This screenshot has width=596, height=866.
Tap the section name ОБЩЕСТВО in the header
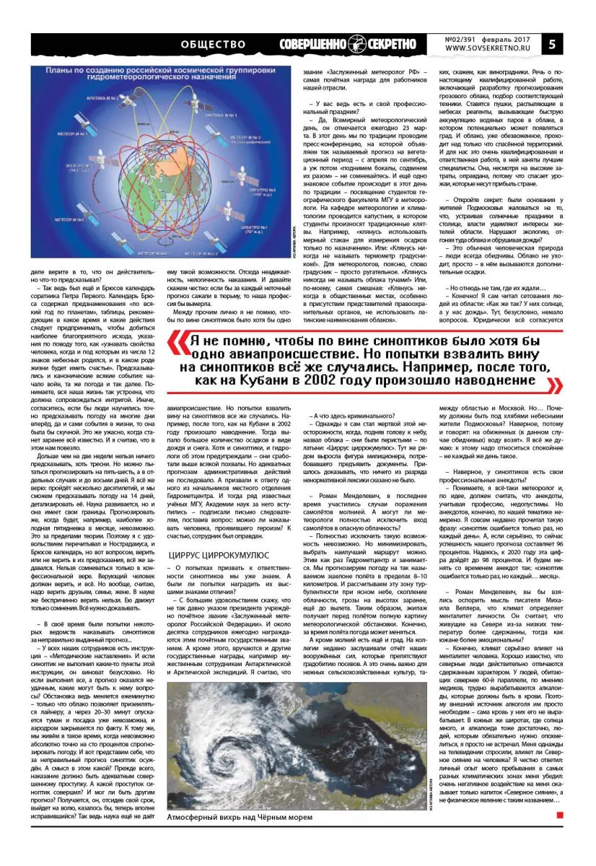[x=214, y=44]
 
